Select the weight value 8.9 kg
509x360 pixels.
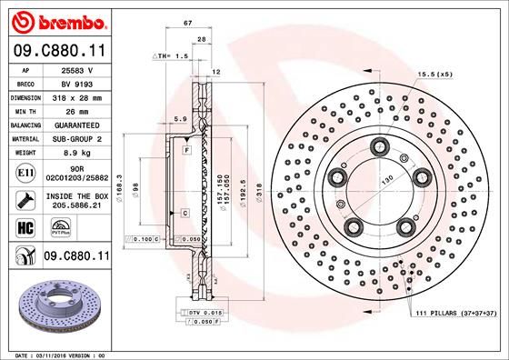75,154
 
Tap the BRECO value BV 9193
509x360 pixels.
75,82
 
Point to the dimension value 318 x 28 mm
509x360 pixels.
75,95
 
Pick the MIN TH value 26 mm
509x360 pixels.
75,110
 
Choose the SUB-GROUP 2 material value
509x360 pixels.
75,139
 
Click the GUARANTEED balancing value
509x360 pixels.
75,125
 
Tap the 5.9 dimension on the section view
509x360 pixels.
180,119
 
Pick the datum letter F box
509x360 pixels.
185,148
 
